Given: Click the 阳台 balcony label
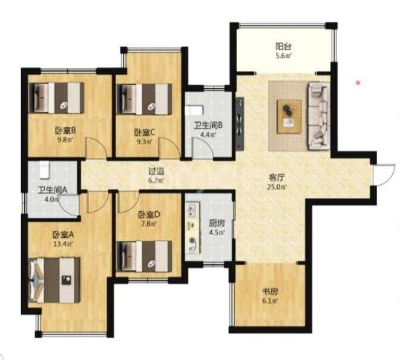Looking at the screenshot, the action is point(283,47).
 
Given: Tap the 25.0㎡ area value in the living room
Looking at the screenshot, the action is point(277,187).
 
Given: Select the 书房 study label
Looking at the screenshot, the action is point(270,292).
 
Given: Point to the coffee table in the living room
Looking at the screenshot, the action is point(289,117).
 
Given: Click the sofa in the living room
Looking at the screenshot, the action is point(319,116).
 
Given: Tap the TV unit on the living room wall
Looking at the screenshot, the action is point(240,123).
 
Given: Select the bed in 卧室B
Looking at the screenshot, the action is point(56,98).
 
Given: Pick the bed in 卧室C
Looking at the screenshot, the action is point(144,99).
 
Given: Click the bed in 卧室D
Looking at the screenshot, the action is point(144,257).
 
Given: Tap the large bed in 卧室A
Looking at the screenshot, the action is point(54,280).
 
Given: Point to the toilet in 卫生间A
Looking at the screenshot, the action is point(44,169).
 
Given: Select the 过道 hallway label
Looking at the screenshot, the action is point(156,171).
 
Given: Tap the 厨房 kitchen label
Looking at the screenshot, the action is point(217,223).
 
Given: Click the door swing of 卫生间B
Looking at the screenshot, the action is point(203,148).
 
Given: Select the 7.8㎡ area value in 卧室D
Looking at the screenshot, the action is point(149,224).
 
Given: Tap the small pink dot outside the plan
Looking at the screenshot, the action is point(358,83).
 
